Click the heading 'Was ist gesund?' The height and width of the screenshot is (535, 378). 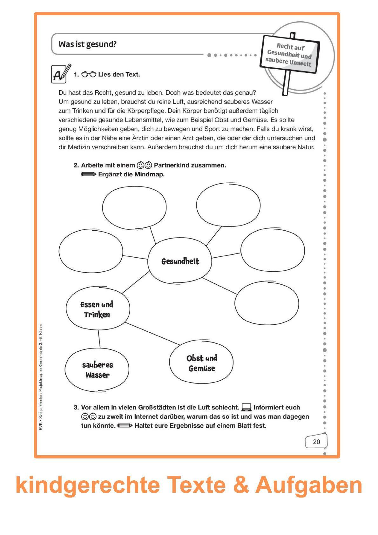tap(87, 44)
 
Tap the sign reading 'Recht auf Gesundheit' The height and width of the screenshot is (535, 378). tap(289, 54)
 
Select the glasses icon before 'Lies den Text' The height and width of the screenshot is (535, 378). tap(89, 75)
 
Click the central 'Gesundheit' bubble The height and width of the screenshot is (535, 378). tap(180, 261)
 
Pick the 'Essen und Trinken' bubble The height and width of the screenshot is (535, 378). tap(98, 309)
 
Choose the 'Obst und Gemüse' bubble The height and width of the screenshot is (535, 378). tap(201, 363)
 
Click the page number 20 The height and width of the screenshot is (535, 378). tap(316, 442)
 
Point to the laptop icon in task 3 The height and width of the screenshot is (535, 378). tap(246, 407)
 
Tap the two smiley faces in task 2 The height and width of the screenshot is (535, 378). tap(144, 165)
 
